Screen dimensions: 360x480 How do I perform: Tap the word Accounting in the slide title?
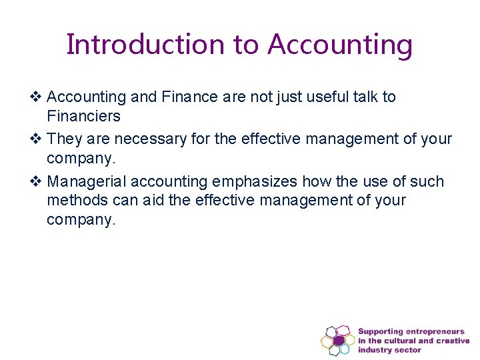340,45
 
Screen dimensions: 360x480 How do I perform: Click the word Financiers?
83,117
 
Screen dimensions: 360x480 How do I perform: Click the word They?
65,139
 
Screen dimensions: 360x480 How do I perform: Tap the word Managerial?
87,181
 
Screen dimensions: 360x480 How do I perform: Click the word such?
427,181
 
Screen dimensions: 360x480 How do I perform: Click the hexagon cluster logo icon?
337,340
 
